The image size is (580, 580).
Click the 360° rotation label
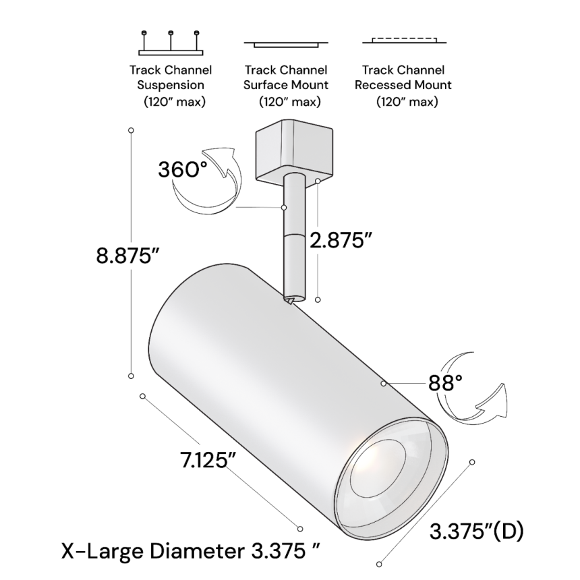pyautogui.click(x=183, y=169)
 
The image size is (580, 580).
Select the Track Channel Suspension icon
pyautogui.click(x=171, y=42)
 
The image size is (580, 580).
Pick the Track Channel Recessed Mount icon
pyautogui.click(x=403, y=41)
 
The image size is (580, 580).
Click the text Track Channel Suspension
pyautogui.click(x=171, y=78)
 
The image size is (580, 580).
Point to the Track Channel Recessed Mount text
pyautogui.click(x=403, y=78)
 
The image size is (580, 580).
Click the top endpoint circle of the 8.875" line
pyautogui.click(x=131, y=129)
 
